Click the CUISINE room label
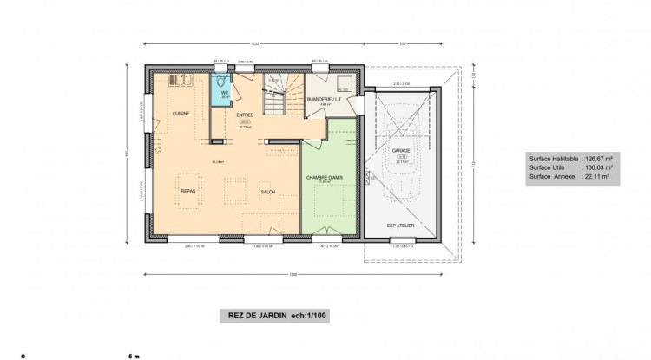(181, 114)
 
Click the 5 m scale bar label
(132, 356)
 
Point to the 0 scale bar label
(23, 356)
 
